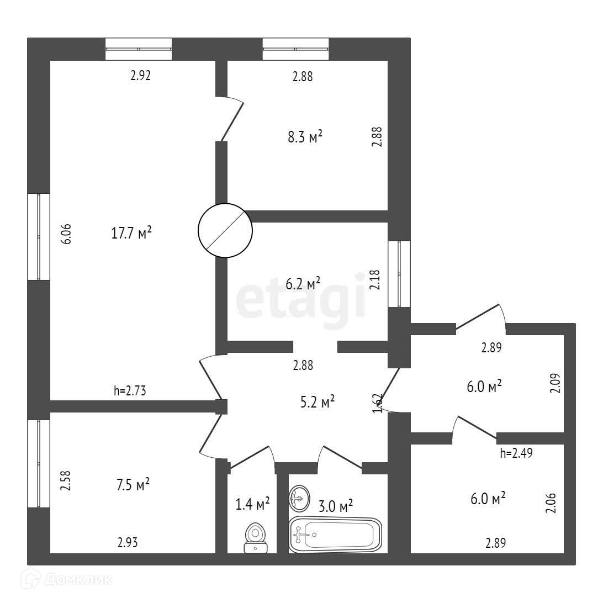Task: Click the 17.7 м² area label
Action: (x=131, y=233)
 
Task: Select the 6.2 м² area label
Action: (x=303, y=284)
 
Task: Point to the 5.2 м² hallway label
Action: (x=316, y=401)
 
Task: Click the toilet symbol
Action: (x=256, y=537)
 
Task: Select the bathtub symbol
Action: (x=335, y=535)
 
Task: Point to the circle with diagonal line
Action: (x=225, y=231)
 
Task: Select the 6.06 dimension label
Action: (x=67, y=234)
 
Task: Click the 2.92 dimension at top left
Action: (x=140, y=76)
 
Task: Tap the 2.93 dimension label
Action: (x=127, y=543)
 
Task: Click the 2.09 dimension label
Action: (x=556, y=383)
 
